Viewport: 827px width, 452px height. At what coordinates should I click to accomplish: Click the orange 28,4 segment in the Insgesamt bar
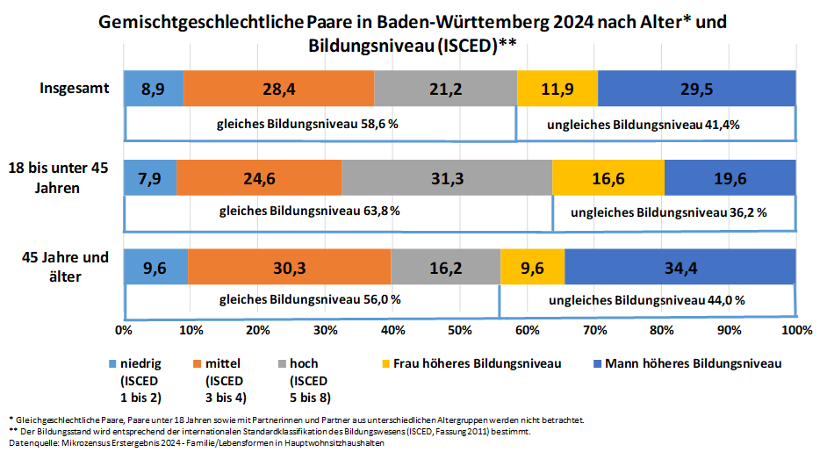[278, 88]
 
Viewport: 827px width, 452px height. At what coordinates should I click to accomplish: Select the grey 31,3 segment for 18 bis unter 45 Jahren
[447, 178]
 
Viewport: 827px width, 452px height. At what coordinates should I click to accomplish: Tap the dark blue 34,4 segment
[680, 268]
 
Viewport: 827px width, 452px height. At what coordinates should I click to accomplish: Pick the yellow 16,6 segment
[608, 178]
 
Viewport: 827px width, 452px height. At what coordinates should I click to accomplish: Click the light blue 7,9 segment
[150, 178]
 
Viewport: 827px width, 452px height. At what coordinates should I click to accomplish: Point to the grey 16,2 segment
[445, 268]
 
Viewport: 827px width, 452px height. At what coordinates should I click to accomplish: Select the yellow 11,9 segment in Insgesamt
[557, 88]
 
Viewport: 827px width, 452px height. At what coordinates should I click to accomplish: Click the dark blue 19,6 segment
[730, 178]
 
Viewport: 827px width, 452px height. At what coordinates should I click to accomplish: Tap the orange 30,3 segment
[289, 268]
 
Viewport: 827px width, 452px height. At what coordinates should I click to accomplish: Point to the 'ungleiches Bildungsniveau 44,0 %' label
[647, 300]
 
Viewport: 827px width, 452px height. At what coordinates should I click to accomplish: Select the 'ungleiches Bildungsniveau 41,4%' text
[644, 124]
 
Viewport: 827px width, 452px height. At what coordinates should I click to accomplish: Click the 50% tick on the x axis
[459, 330]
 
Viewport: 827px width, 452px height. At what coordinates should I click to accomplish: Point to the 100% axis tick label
[795, 330]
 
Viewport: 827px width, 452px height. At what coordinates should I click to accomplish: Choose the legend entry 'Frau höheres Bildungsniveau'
[477, 362]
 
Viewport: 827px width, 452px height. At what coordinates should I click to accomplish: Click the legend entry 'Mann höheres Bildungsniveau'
[693, 362]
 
